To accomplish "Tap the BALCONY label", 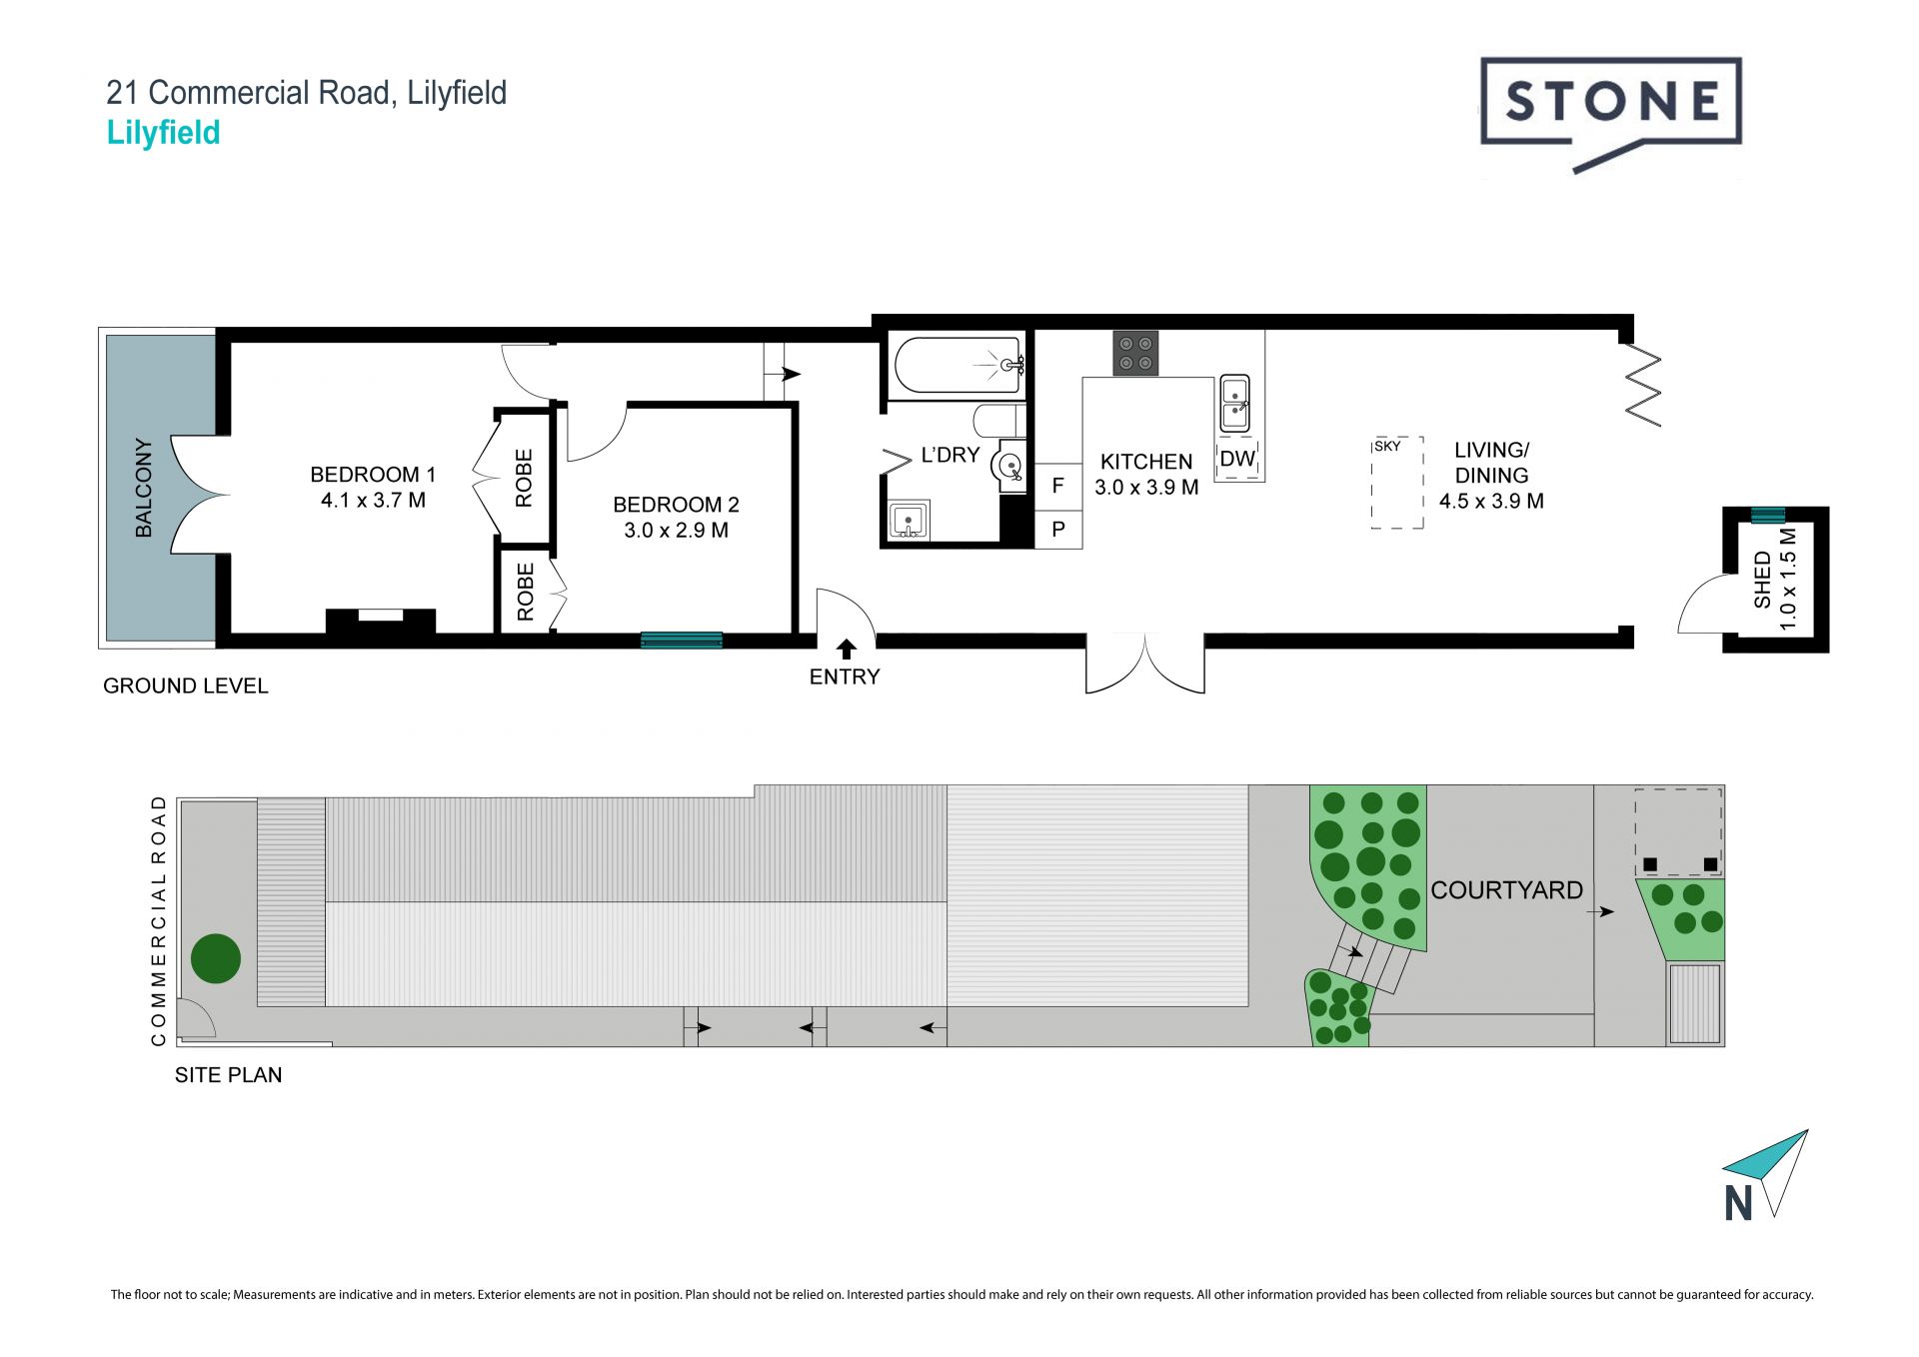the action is pos(144,488).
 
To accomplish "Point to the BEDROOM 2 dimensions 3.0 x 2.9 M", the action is pos(676,531).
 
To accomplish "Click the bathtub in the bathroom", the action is pos(959,366).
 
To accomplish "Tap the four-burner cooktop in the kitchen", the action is pos(1135,353).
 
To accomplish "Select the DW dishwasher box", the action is pos(1238,460).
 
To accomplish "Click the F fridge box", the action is pos(1058,487).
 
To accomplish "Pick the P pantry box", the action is pos(1058,530).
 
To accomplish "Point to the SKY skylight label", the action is pos(1387,446).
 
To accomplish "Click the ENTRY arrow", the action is pos(846,649).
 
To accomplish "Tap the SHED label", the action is pos(1762,580).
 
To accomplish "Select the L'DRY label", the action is pos(950,455).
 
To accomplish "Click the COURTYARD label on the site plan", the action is pos(1506,890).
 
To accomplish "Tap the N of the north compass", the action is pos(1739,1203).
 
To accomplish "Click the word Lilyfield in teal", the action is pos(163,133).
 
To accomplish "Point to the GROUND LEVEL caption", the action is pos(186,685).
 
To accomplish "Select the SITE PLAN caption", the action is pos(228,1075).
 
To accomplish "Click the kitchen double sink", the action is pos(1235,404).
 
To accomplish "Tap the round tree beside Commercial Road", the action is pos(216,958).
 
